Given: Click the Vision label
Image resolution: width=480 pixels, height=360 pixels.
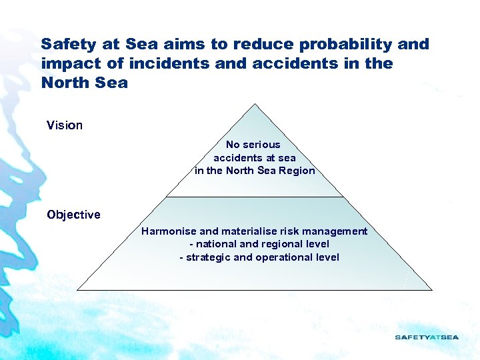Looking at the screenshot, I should [x=65, y=125].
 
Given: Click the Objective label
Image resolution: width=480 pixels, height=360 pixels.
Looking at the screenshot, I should [x=73, y=215].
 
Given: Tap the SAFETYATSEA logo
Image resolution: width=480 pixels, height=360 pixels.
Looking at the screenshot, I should [x=427, y=337].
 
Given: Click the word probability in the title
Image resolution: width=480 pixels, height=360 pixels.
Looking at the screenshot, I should [x=355, y=45].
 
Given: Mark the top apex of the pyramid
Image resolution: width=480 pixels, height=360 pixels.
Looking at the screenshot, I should [x=255, y=104].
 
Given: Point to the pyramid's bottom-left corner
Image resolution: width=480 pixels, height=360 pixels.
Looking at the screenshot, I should [x=78, y=289].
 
